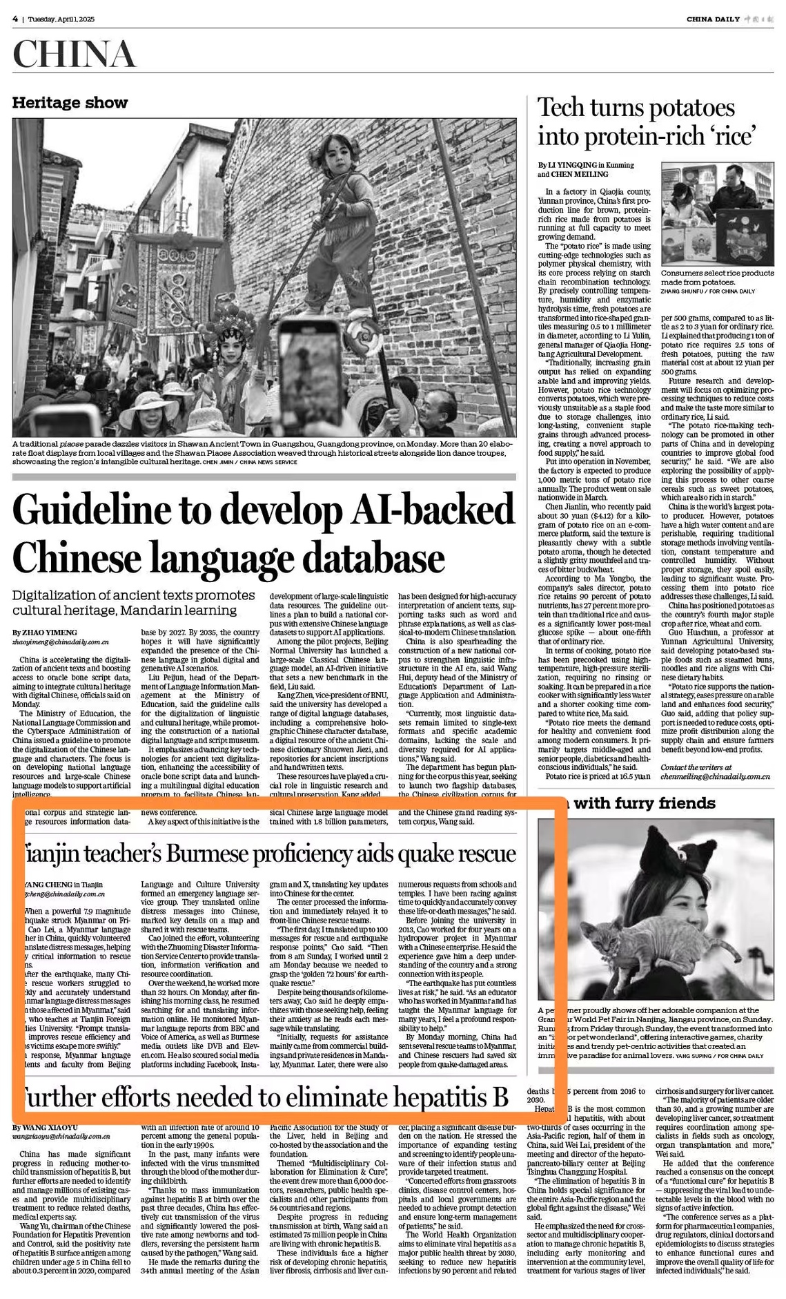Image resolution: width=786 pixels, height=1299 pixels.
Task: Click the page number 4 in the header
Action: (x=14, y=19)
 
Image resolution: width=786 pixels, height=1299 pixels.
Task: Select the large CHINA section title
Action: (x=74, y=55)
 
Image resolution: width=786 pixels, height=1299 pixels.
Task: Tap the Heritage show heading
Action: (x=70, y=103)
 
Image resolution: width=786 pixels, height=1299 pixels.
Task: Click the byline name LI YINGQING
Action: (x=570, y=165)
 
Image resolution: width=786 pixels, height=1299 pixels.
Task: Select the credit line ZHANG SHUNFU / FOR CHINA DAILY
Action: (x=707, y=291)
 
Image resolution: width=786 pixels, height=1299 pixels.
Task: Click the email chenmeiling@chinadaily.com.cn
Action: (x=715, y=776)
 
